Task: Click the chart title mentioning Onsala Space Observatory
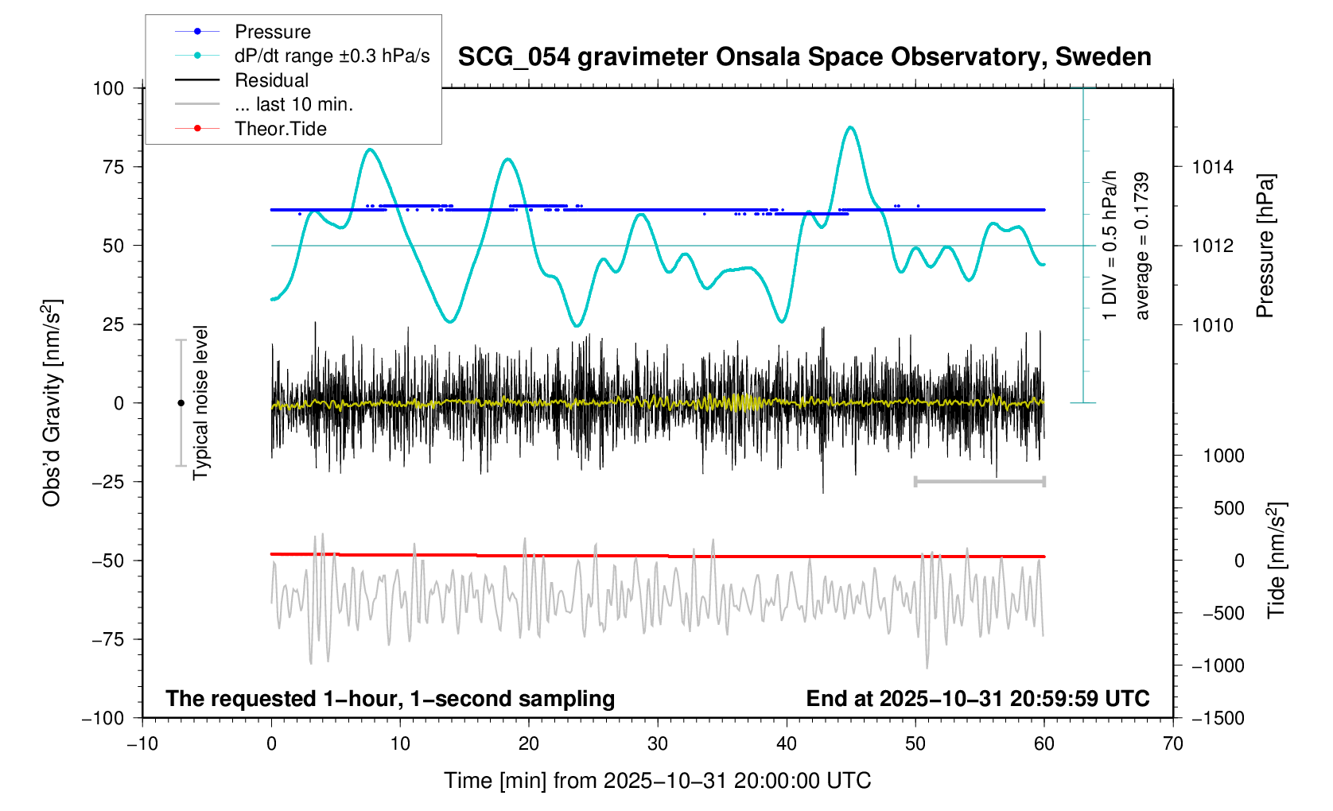[804, 57]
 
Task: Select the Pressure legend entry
[272, 32]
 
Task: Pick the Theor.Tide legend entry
[280, 129]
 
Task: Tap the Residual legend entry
[271, 80]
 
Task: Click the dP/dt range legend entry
[332, 56]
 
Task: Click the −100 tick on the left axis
[103, 718]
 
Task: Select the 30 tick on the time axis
[658, 744]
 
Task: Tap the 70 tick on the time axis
[1172, 744]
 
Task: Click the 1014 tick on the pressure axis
[1212, 167]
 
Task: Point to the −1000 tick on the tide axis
[1218, 665]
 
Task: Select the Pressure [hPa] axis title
[1265, 246]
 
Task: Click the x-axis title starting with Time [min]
[657, 781]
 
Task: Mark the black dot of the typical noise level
[181, 403]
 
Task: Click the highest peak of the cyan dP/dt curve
[851, 127]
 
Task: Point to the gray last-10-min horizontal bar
[979, 482]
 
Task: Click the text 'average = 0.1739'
[1142, 246]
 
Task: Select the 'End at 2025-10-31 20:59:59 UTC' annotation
[977, 699]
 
